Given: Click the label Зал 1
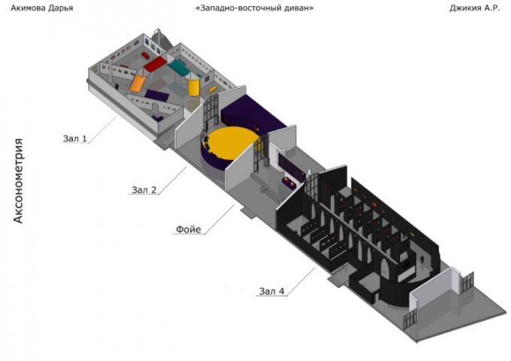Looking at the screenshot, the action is [x=75, y=138].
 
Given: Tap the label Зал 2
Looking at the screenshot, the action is [x=144, y=190].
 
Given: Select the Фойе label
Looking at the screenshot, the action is [x=189, y=229].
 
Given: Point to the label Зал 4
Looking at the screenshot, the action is [x=272, y=291].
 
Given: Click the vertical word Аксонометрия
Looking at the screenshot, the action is [x=18, y=181].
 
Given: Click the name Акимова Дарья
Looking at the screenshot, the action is [x=42, y=8].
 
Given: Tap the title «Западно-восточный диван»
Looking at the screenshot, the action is [x=254, y=8].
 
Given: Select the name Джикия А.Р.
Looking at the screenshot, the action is [x=474, y=8].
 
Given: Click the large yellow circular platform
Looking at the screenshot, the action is [x=232, y=142].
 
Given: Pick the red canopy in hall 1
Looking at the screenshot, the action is [x=155, y=64].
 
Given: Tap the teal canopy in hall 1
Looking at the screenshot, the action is [x=179, y=66].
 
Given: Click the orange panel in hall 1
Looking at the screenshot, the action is [x=137, y=83].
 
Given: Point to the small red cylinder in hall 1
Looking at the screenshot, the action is [x=145, y=56].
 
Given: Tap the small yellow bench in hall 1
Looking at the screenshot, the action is [x=213, y=89].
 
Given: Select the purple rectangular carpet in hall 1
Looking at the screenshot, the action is [x=157, y=96].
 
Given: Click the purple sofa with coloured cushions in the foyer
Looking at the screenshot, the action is [x=289, y=184].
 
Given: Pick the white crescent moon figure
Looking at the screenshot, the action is [x=310, y=172].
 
